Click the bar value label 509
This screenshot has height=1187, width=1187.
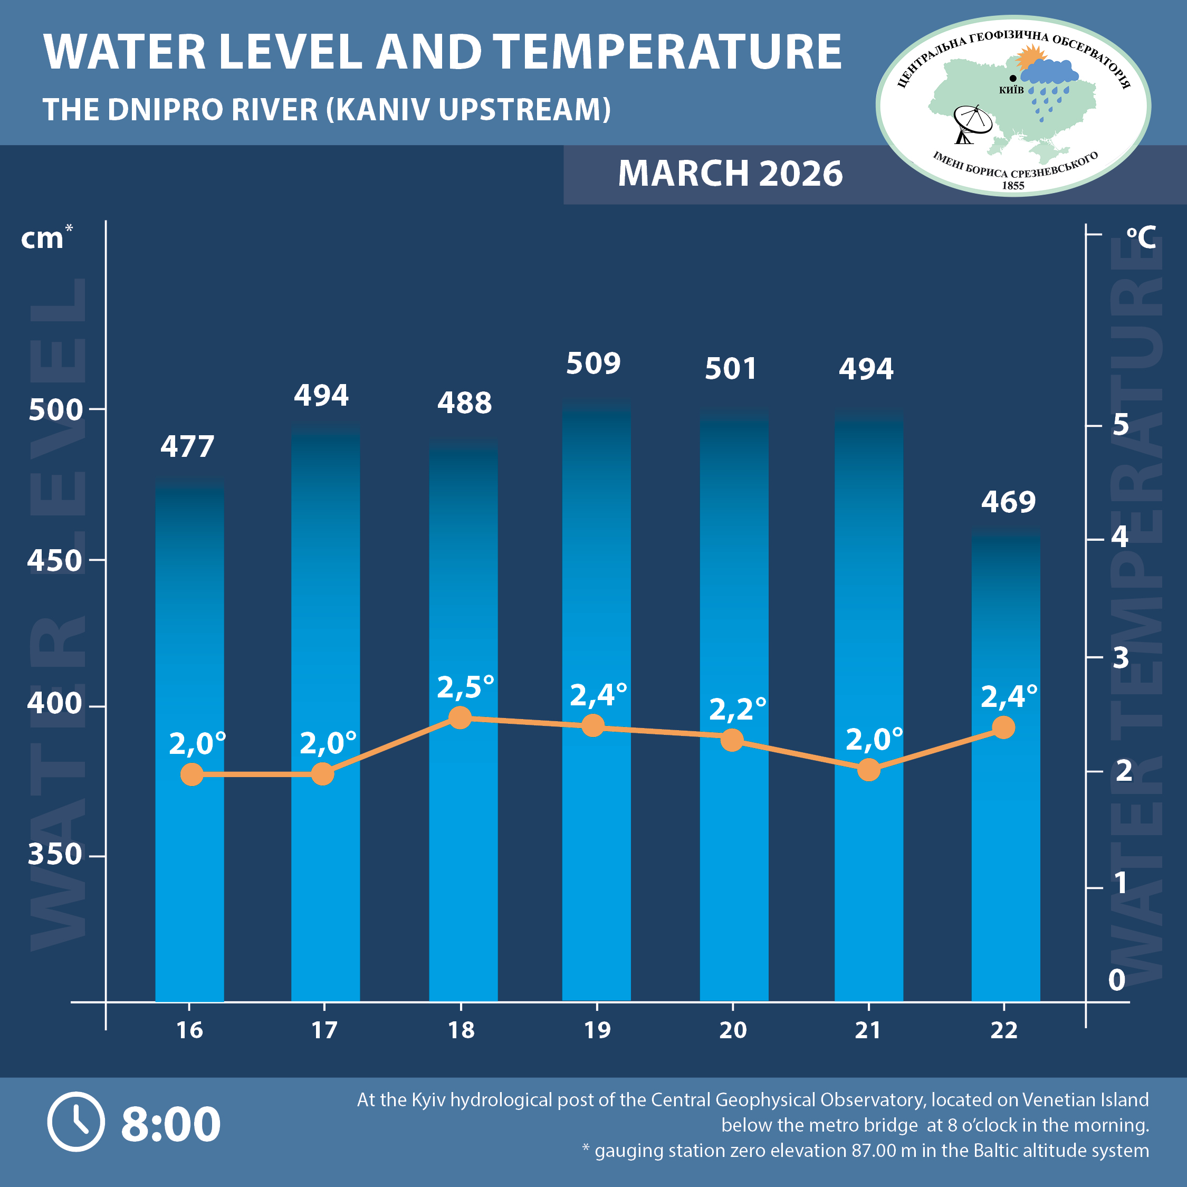point(593,363)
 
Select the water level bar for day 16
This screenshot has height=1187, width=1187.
point(189,738)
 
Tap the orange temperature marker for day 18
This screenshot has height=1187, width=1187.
point(460,717)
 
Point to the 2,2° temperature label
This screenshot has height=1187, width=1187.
point(738,710)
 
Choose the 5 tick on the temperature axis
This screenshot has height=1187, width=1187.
point(1120,425)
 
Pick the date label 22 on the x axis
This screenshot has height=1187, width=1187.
point(1003,1030)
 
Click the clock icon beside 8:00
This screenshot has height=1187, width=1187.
point(76,1121)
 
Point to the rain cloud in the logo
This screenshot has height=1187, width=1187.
point(1052,74)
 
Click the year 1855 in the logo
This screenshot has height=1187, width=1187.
point(1013,186)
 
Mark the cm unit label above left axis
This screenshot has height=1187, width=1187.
point(43,238)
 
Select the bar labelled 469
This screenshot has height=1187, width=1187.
point(1005,768)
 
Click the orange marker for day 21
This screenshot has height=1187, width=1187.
point(868,769)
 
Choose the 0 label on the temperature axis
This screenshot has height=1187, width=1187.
point(1116,980)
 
